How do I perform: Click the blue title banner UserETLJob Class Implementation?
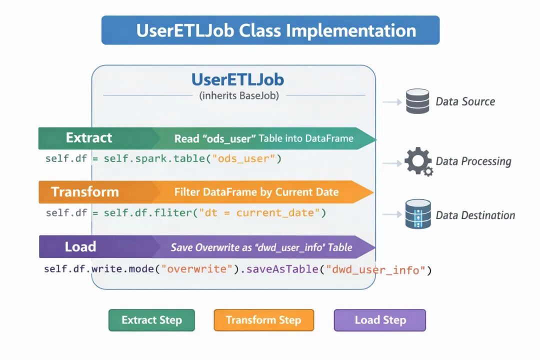coord(270,30)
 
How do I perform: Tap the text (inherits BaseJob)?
coord(239,95)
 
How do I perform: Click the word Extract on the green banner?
coord(89,138)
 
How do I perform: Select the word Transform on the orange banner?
coord(85,192)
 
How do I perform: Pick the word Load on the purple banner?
coord(80,246)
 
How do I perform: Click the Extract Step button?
coord(151,320)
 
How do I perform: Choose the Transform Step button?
coord(264,320)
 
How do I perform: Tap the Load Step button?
coord(380,320)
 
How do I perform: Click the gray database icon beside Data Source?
coord(417,101)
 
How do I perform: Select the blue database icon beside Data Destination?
coord(418,214)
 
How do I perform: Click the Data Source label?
coord(465,101)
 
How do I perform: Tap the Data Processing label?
coord(473,161)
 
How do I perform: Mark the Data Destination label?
coord(475,215)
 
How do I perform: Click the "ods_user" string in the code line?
coord(243,159)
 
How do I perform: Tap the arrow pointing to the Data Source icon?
coord(392,102)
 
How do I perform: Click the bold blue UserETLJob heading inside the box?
coord(237,79)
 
